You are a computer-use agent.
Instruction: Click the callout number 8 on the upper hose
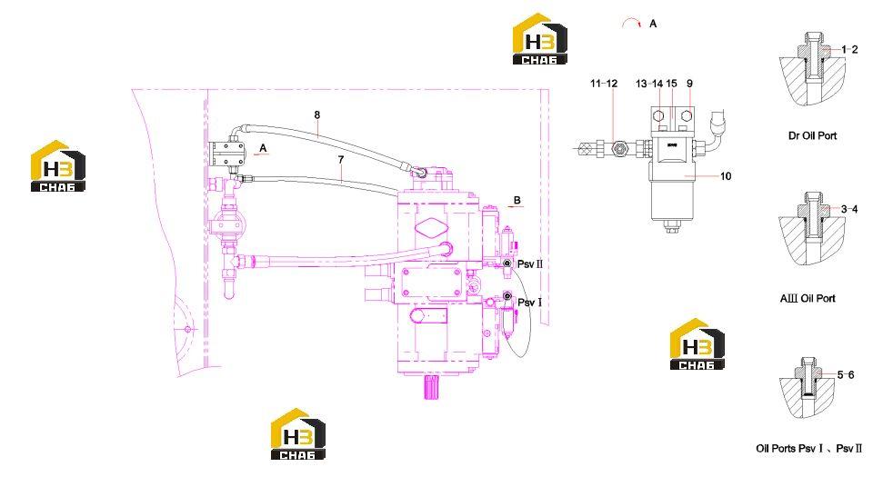[317, 114]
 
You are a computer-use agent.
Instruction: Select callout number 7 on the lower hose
[341, 160]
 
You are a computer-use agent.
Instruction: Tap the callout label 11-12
[604, 84]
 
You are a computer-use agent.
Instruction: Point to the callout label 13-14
[649, 84]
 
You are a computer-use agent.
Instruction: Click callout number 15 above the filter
[671, 84]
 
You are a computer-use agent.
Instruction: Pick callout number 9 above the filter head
[690, 84]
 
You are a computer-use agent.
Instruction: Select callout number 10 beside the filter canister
[726, 176]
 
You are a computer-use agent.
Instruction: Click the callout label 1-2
[849, 49]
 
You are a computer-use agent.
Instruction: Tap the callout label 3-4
[849, 209]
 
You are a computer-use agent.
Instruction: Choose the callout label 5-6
[846, 374]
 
